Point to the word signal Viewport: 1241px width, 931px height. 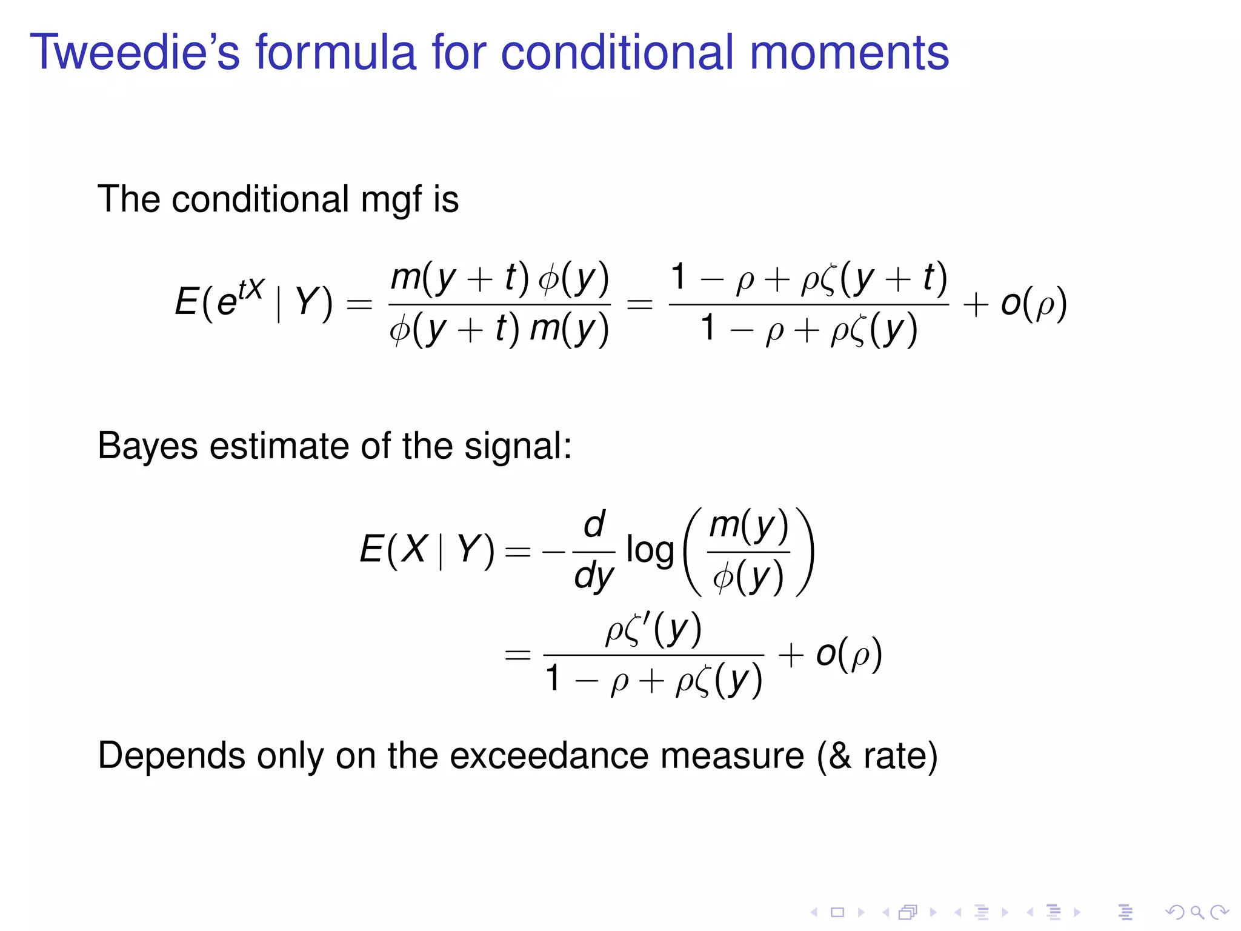(x=517, y=447)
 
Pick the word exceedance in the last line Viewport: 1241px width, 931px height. (x=549, y=756)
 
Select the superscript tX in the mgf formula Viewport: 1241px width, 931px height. (x=250, y=290)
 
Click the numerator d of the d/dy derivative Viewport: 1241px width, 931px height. (x=594, y=525)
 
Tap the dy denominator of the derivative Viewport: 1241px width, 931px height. (x=594, y=576)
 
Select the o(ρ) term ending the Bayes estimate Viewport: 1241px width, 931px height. (x=848, y=655)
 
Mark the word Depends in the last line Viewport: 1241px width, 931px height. (x=171, y=756)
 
